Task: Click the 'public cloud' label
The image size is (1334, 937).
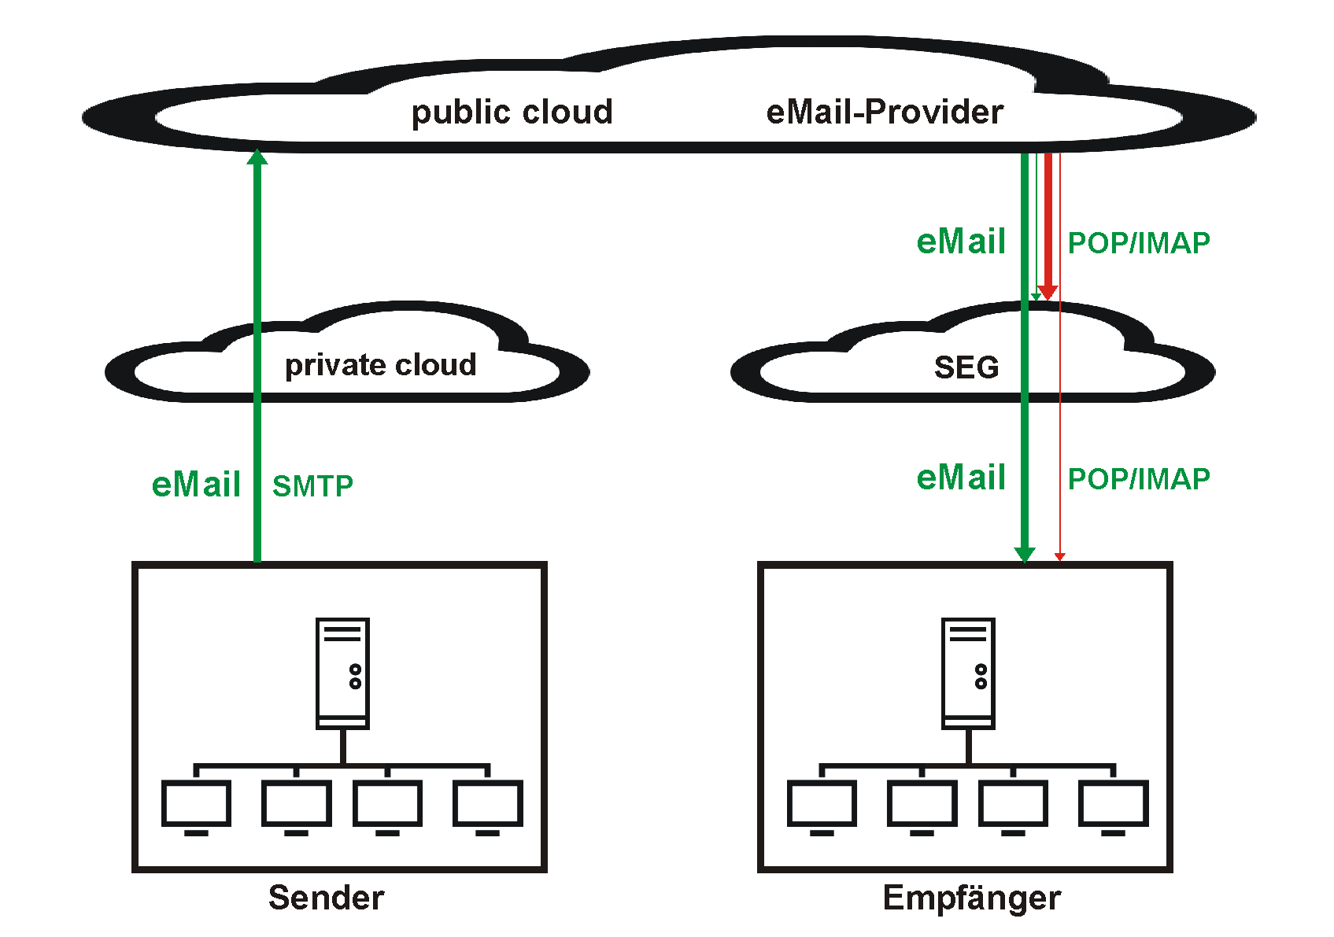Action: (x=512, y=113)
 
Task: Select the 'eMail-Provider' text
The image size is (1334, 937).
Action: (x=885, y=113)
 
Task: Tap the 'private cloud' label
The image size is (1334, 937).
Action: (x=381, y=365)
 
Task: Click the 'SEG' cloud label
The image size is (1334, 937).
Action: (x=966, y=367)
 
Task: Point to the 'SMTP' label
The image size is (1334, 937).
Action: (x=312, y=486)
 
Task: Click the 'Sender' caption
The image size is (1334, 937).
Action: (x=326, y=898)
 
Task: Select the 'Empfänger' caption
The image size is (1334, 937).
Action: (x=971, y=898)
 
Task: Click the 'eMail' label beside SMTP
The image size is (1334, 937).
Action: (x=196, y=485)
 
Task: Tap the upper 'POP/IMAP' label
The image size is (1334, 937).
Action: (x=1139, y=243)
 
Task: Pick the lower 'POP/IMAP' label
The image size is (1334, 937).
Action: (x=1139, y=479)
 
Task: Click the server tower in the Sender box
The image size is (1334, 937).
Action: (x=342, y=673)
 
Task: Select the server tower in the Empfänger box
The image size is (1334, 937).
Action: (x=968, y=673)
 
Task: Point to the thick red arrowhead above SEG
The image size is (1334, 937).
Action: (x=1048, y=293)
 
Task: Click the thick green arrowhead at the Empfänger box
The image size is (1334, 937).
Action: (x=1025, y=555)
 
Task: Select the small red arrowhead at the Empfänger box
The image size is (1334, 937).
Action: (x=1060, y=557)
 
